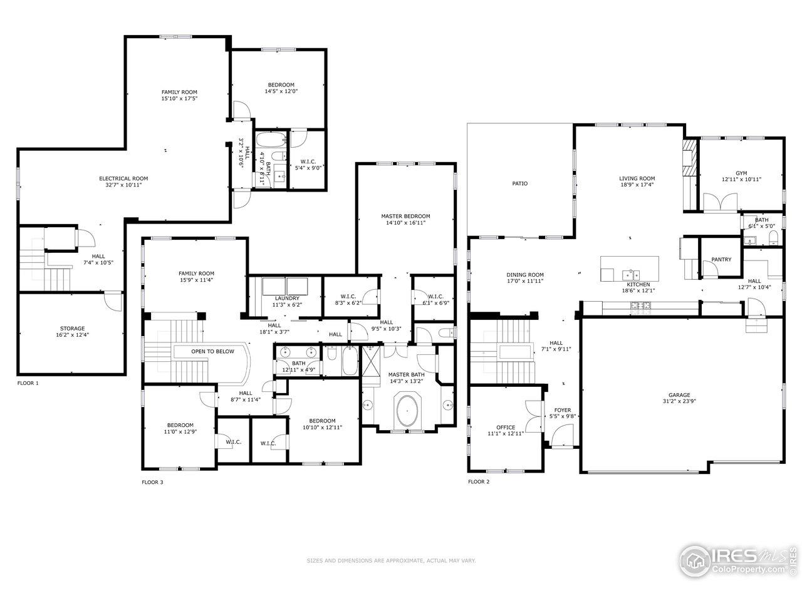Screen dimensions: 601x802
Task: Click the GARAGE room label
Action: pos(679,395)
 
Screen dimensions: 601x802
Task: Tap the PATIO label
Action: pos(519,183)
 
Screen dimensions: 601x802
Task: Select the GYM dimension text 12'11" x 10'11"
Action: pos(741,180)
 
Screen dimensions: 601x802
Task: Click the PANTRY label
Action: pos(721,260)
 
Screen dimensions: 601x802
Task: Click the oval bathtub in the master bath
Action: pos(408,411)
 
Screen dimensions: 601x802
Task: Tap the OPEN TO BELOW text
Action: pos(212,351)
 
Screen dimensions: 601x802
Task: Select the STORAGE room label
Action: pos(72,328)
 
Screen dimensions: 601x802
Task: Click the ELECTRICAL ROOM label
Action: pos(123,178)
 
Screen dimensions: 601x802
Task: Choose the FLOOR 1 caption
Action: pos(28,383)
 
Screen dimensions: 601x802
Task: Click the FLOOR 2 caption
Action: pos(479,482)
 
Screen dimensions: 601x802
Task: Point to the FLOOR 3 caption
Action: pos(152,482)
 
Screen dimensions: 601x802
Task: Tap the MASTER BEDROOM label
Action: pos(405,216)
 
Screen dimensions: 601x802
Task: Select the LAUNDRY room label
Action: pos(285,298)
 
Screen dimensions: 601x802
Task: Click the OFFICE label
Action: pos(506,428)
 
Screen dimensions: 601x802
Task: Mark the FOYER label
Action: pos(562,410)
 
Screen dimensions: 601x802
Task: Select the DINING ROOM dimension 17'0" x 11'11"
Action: pos(525,281)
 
